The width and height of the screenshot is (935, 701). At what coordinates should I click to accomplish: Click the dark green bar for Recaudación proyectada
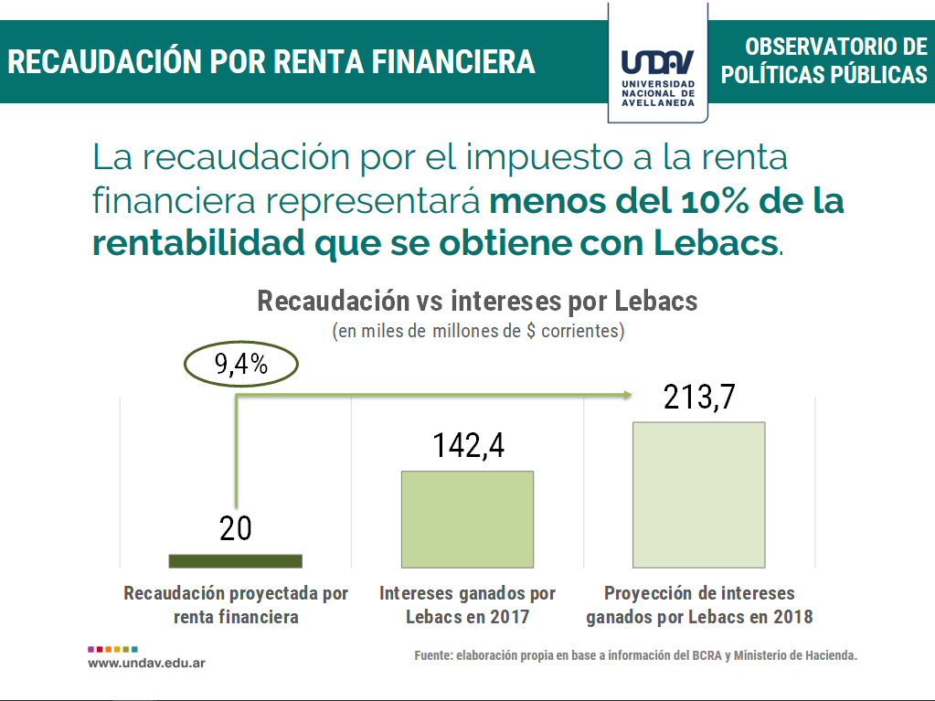click(235, 560)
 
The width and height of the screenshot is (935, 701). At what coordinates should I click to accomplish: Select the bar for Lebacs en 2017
click(467, 518)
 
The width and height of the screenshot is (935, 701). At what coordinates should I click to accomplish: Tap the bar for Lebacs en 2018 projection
click(698, 494)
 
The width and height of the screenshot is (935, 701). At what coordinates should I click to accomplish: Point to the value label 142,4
click(468, 445)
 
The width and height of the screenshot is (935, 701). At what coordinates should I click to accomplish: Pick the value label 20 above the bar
click(236, 528)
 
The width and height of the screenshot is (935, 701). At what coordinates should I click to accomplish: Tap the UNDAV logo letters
click(657, 63)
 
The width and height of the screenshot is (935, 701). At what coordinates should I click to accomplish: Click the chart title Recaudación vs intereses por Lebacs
click(477, 301)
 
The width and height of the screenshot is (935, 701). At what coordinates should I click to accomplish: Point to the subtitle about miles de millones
click(478, 331)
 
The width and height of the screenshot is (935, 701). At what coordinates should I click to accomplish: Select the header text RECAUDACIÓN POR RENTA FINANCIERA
click(271, 61)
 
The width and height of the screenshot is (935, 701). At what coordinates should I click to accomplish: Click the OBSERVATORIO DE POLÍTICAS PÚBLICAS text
click(824, 60)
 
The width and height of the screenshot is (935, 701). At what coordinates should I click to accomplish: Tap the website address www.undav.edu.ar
click(146, 662)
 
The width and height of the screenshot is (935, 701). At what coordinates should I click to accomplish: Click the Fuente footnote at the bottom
click(636, 655)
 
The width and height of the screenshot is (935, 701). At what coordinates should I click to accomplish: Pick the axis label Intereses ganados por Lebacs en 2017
click(467, 605)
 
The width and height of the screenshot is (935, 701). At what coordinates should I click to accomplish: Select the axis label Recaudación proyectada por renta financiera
click(236, 605)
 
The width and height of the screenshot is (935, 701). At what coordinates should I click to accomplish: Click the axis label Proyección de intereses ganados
click(699, 605)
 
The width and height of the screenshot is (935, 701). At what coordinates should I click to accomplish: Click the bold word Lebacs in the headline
click(716, 244)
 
